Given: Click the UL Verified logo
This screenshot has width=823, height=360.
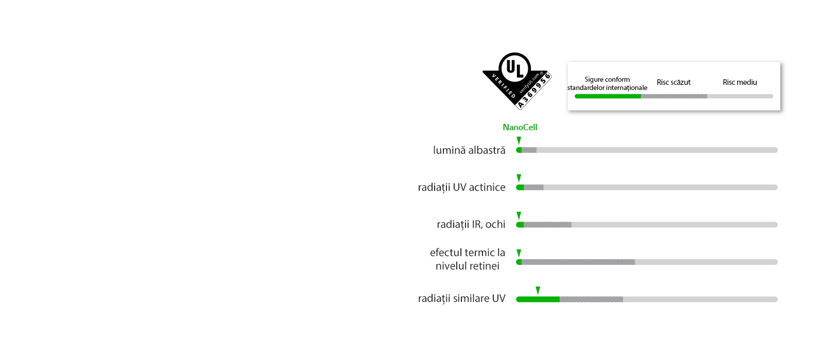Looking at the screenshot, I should pyautogui.click(x=516, y=81).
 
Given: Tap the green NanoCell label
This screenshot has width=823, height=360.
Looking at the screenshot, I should pyautogui.click(x=520, y=127).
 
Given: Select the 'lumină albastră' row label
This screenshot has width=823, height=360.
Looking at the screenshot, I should pyautogui.click(x=469, y=150).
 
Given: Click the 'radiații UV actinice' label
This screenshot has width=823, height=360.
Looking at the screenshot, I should pyautogui.click(x=461, y=187).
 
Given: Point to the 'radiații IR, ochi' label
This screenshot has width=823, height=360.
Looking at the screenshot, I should pyautogui.click(x=471, y=224).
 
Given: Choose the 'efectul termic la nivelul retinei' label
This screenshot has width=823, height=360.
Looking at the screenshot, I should pyautogui.click(x=468, y=259).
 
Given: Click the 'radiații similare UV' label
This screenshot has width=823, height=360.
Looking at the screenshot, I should pyautogui.click(x=461, y=298).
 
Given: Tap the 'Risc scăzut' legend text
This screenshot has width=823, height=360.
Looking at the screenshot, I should pyautogui.click(x=673, y=82).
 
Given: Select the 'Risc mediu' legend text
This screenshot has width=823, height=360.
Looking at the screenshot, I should pyautogui.click(x=740, y=82).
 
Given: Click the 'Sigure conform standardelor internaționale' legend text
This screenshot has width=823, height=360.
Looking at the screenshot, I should pyautogui.click(x=607, y=83).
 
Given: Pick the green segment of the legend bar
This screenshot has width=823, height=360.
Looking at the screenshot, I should pyautogui.click(x=607, y=96).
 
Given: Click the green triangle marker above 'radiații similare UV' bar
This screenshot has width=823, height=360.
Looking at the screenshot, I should pyautogui.click(x=538, y=291).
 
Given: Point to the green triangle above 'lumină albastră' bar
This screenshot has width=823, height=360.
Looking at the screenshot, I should pyautogui.click(x=519, y=140).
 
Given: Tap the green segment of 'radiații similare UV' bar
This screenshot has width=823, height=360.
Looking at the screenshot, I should pyautogui.click(x=538, y=299).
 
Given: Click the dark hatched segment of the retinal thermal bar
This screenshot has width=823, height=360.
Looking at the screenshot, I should pyautogui.click(x=578, y=262).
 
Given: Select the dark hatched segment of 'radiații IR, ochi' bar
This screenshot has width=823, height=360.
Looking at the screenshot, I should pyautogui.click(x=547, y=225).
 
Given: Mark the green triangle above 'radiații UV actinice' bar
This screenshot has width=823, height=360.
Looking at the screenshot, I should pyautogui.click(x=519, y=178).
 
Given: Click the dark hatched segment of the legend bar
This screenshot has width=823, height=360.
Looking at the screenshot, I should pyautogui.click(x=674, y=96).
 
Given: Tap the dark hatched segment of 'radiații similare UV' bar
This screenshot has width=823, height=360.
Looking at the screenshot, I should pyautogui.click(x=591, y=299).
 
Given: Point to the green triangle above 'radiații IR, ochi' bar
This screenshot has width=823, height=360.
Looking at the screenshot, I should pyautogui.click(x=519, y=215).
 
